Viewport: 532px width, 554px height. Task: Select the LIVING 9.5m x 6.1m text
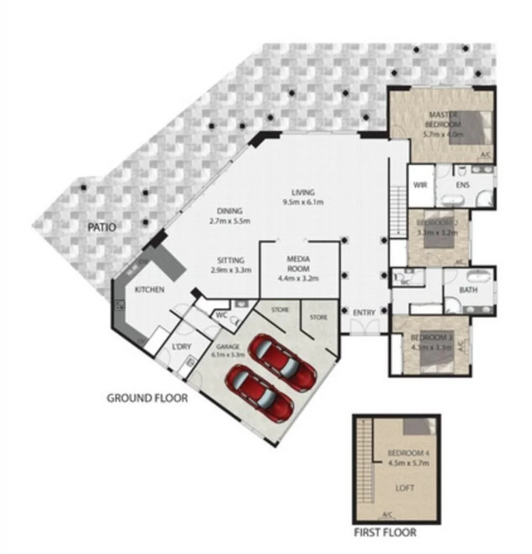pyautogui.click(x=302, y=197)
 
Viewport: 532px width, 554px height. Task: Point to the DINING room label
pyautogui.click(x=229, y=216)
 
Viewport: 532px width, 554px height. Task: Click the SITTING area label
pyautogui.click(x=230, y=265)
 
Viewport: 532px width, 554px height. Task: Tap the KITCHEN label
pyautogui.click(x=149, y=290)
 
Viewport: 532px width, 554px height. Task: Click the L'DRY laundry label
pyautogui.click(x=181, y=347)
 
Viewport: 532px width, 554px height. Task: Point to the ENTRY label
pyautogui.click(x=364, y=312)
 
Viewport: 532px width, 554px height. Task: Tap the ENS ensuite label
pyautogui.click(x=463, y=186)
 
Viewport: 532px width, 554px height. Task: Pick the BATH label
pyautogui.click(x=468, y=290)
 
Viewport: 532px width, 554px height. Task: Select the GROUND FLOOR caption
pyautogui.click(x=147, y=398)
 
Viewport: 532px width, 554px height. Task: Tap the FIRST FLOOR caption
pyautogui.click(x=385, y=532)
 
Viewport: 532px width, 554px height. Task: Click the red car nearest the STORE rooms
pyautogui.click(x=281, y=361)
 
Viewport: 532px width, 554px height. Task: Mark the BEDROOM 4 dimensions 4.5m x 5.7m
pyautogui.click(x=408, y=463)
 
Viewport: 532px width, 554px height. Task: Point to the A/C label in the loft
pyautogui.click(x=388, y=515)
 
